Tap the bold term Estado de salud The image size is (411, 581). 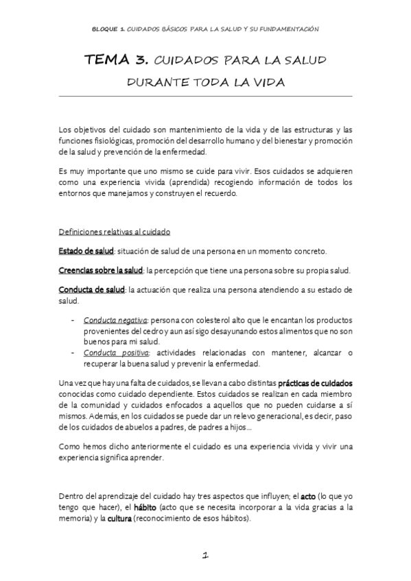tap(86, 251)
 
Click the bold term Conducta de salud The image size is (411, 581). tap(91, 290)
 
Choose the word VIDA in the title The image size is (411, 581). tap(265, 82)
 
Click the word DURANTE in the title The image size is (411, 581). tap(156, 82)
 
